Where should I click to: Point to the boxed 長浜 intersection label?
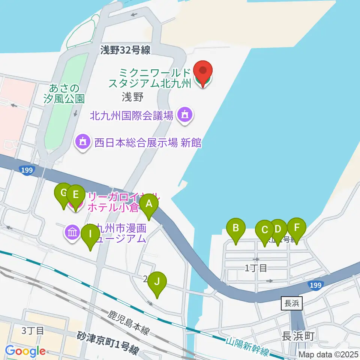tap(291, 304)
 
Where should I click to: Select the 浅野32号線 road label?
tap(125, 50)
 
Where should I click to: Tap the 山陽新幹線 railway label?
tap(247, 347)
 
